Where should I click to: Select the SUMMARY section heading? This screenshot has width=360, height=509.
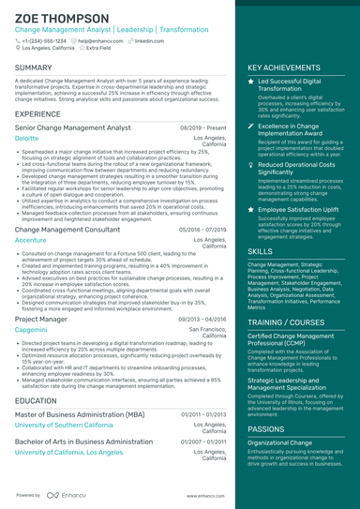pos(34,68)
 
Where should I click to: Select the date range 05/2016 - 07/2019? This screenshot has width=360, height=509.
pos(202,229)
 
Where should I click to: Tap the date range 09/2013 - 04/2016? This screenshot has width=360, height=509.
pos(202,319)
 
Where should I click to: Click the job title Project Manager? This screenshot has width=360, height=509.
pos(41,319)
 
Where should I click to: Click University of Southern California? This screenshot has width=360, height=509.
pos(67,425)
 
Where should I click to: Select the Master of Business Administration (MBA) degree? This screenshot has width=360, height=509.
pos(80,413)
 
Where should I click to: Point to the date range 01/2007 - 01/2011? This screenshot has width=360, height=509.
pos(203,441)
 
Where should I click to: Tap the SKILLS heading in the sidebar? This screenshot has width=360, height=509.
pos(261,252)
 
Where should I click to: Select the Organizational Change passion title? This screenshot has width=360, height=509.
pos(280,442)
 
